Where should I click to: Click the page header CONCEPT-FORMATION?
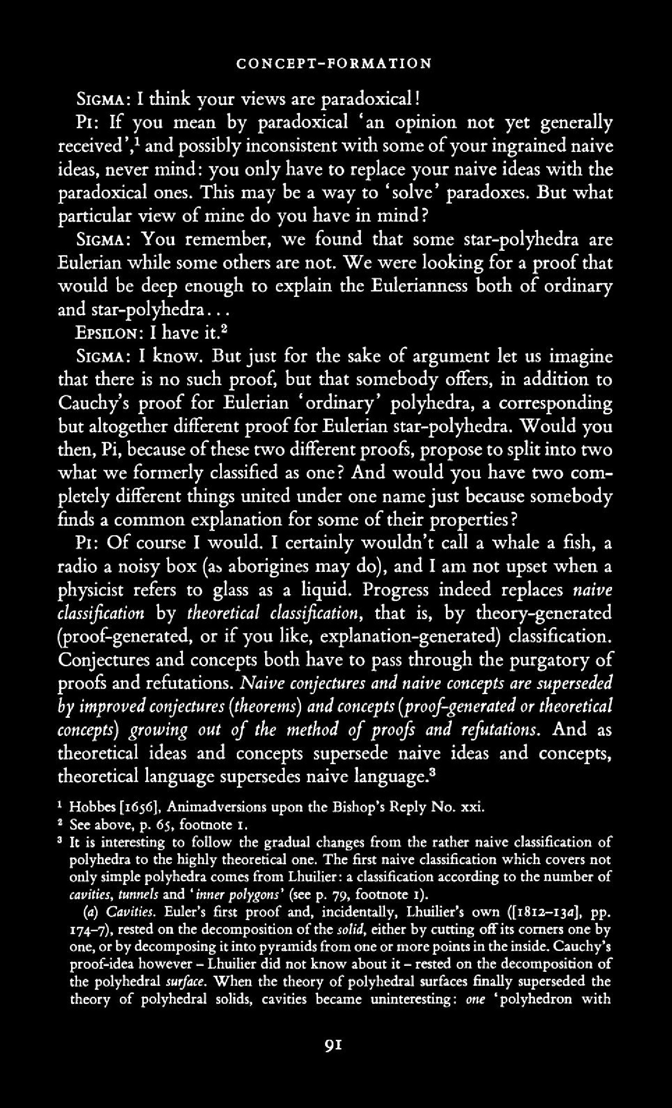(333, 64)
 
